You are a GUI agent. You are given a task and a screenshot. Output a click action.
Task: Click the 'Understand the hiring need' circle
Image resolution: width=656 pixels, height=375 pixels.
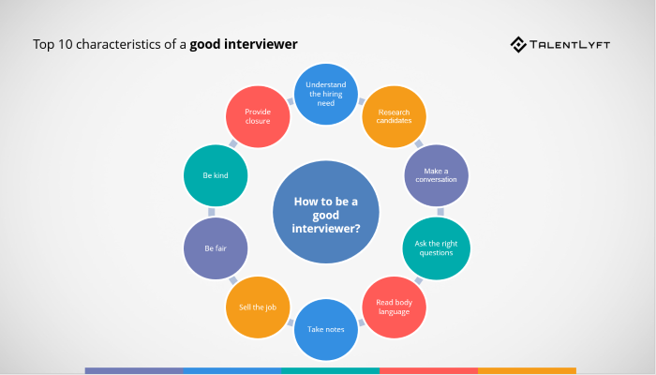pyautogui.click(x=326, y=97)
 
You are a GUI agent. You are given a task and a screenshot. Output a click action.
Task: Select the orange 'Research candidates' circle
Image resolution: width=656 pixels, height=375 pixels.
pyautogui.click(x=395, y=118)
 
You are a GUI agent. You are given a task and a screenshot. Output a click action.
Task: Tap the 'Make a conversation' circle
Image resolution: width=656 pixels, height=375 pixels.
pyautogui.click(x=435, y=175)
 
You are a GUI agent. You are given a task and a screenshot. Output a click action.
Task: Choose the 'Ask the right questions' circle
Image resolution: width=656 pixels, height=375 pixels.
pyautogui.click(x=435, y=247)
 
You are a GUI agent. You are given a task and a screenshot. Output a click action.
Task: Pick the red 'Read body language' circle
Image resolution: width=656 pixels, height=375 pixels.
pyautogui.click(x=395, y=306)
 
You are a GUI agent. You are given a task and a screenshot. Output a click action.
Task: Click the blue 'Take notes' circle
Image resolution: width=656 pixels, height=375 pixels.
pyautogui.click(x=327, y=329)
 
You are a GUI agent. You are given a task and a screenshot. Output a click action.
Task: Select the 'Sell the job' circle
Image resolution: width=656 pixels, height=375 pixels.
pyautogui.click(x=258, y=307)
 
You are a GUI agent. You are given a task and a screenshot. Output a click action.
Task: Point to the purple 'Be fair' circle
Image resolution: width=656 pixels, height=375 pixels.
pyautogui.click(x=216, y=248)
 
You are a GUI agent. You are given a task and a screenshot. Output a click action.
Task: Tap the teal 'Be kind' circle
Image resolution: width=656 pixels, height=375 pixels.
pyautogui.click(x=216, y=175)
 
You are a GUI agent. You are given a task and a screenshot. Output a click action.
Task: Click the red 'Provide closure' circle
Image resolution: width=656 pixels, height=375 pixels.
pyautogui.click(x=258, y=118)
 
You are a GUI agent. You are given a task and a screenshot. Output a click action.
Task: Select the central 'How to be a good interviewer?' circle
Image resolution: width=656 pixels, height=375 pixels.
pyautogui.click(x=326, y=212)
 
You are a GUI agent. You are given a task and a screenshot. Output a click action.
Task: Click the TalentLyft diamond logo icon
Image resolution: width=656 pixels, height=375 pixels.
pyautogui.click(x=519, y=44)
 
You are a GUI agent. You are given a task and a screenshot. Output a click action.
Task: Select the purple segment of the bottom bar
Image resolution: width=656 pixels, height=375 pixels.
pyautogui.click(x=133, y=371)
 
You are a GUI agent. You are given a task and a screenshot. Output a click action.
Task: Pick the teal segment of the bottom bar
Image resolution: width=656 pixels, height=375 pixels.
pyautogui.click(x=330, y=371)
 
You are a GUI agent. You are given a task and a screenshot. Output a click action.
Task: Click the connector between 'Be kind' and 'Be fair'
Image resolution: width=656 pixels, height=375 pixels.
pyautogui.click(x=216, y=212)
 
